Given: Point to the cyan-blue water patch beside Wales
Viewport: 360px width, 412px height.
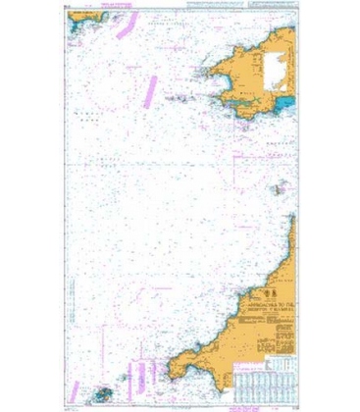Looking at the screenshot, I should (285, 100).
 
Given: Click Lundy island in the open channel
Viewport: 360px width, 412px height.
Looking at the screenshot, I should (276, 186).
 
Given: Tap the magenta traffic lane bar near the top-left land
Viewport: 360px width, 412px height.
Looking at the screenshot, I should (121, 28).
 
